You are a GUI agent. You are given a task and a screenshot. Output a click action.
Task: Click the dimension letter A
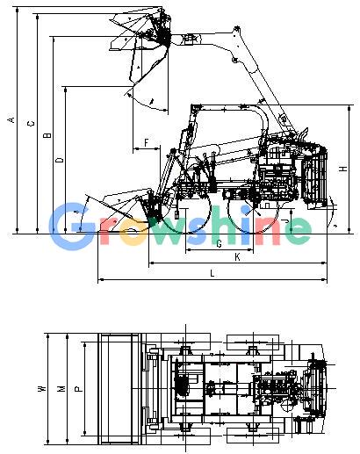tap(11, 119)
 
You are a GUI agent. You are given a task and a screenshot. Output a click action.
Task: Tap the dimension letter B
tap(47, 135)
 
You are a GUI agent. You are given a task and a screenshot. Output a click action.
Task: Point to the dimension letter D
tap(60, 160)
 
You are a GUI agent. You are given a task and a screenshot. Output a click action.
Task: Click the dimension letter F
tap(147, 143)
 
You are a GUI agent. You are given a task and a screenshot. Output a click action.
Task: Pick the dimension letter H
tap(343, 169)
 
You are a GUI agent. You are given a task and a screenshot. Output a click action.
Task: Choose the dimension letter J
tap(287, 221)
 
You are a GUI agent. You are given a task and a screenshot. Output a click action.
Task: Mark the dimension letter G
tap(219, 243)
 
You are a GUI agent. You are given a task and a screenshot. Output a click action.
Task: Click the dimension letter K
tap(237, 257)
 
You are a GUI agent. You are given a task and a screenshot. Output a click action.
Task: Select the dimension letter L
tap(212, 273)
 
